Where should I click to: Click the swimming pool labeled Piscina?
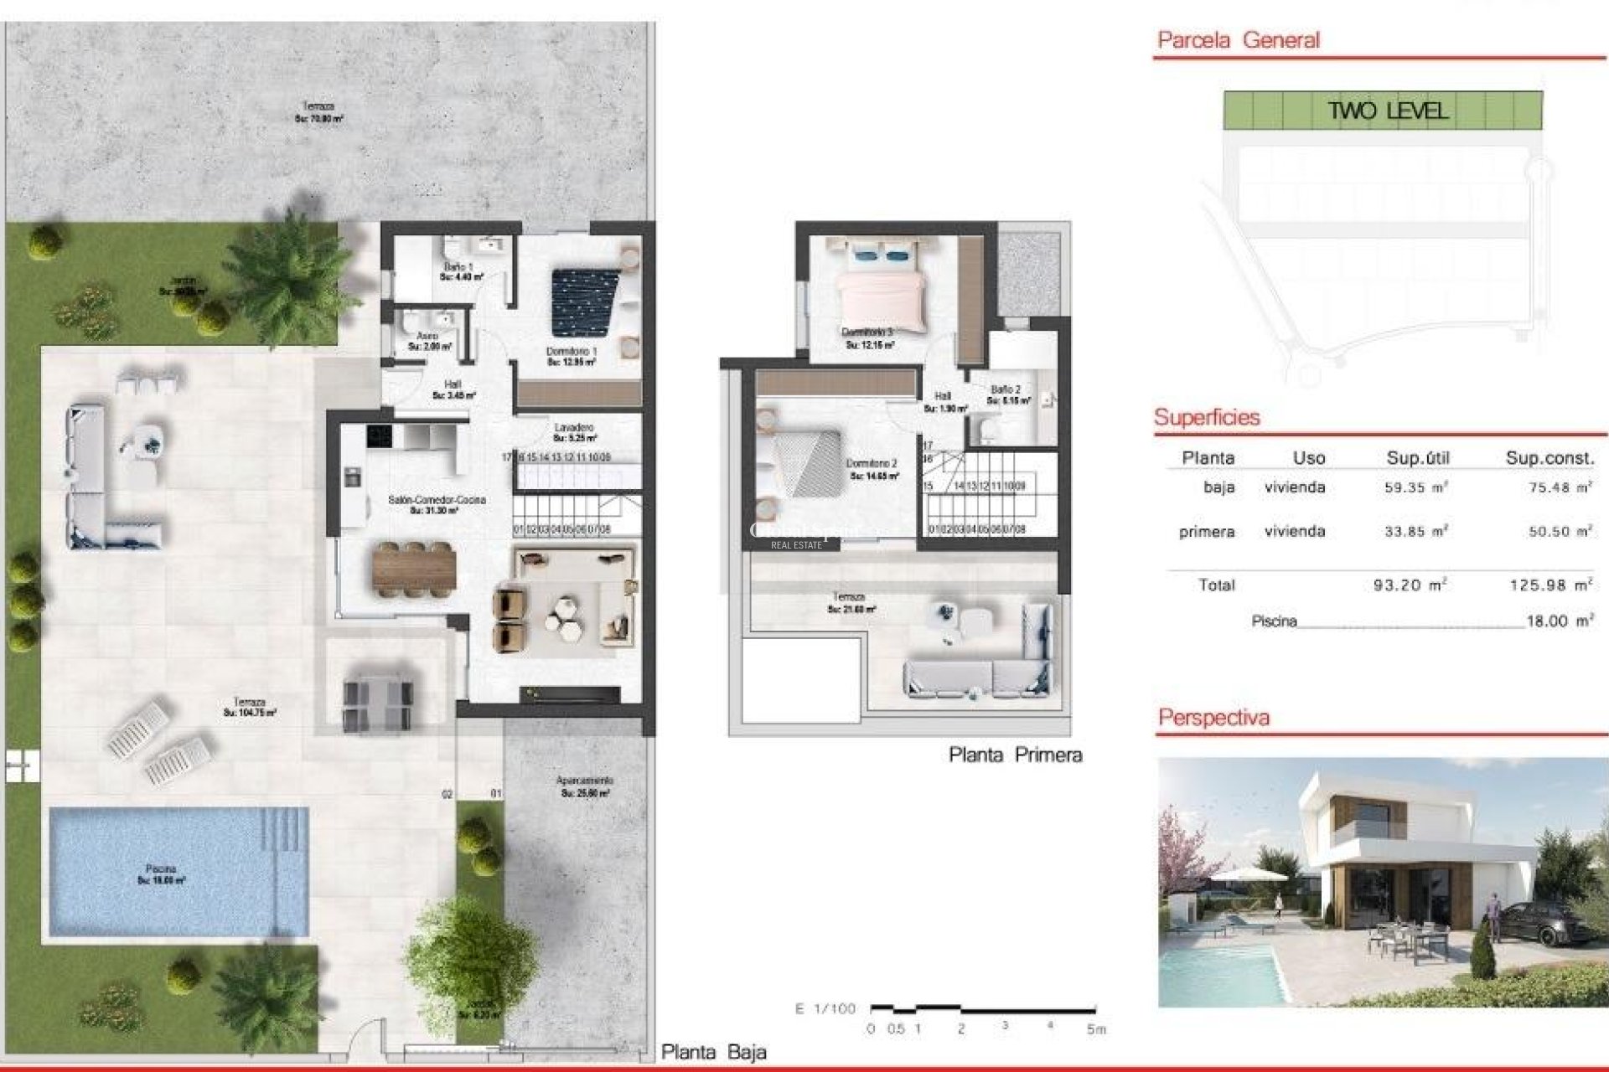pyautogui.click(x=178, y=871)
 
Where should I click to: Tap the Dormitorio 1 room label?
pyautogui.click(x=572, y=352)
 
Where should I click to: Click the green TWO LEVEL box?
pyautogui.click(x=1383, y=111)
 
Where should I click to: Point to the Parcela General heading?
pyautogui.click(x=1238, y=40)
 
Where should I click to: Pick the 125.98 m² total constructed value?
pyautogui.click(x=1550, y=585)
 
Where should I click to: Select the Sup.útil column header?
pyautogui.click(x=1418, y=458)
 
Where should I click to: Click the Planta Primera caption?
pyautogui.click(x=1015, y=755)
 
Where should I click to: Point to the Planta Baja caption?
pyautogui.click(x=713, y=1052)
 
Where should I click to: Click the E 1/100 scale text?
pyautogui.click(x=825, y=1009)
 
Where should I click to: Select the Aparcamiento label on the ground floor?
pyautogui.click(x=585, y=781)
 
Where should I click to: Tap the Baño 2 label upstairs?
pyautogui.click(x=1006, y=390)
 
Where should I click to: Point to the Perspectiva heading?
pyautogui.click(x=1213, y=718)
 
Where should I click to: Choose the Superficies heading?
pyautogui.click(x=1207, y=418)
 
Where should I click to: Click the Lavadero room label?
pyautogui.click(x=574, y=428)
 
